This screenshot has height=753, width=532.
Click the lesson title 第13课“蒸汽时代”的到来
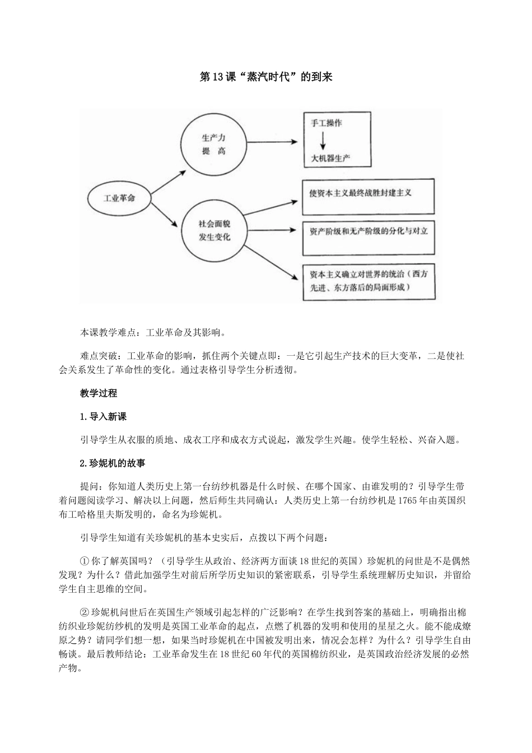(266, 77)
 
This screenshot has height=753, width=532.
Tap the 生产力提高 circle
(213, 144)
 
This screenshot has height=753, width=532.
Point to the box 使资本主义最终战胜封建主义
(367, 196)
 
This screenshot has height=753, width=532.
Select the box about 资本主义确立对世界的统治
(367, 282)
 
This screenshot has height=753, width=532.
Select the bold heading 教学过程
(99, 393)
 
